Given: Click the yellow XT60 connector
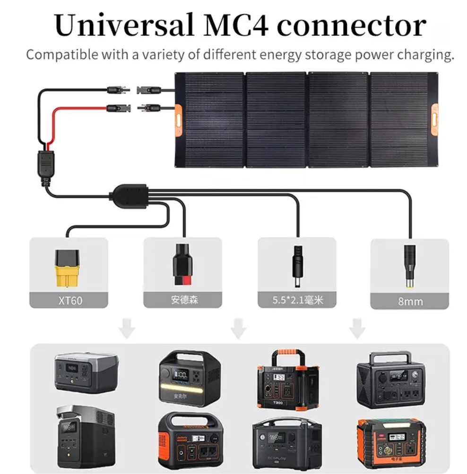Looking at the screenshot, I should (68, 269).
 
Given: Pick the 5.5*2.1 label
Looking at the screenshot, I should (297, 300).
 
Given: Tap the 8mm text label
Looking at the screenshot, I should (410, 301).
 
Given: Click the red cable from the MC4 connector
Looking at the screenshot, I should (71, 113).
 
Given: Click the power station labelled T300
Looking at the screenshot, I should (287, 380).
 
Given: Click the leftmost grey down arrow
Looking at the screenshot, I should (126, 328).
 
